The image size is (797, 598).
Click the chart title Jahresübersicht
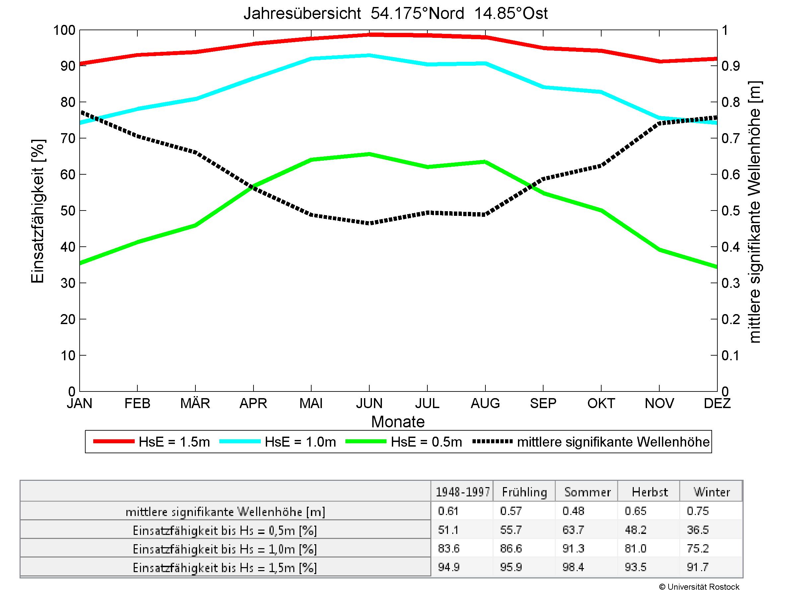(x=395, y=14)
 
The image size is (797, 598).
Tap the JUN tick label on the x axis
(x=369, y=403)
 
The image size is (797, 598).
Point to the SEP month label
(x=543, y=403)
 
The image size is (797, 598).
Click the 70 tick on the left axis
(x=68, y=138)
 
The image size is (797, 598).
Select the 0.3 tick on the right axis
(x=730, y=283)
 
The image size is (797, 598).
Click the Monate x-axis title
(x=398, y=422)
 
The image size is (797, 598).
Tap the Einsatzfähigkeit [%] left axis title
(x=37, y=211)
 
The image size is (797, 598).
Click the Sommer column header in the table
(x=587, y=492)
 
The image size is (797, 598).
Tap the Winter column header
(x=712, y=492)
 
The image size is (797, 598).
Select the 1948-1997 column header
(x=463, y=492)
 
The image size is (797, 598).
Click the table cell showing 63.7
(x=573, y=530)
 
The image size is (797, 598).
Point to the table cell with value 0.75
(x=698, y=511)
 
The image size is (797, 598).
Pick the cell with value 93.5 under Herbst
(x=636, y=567)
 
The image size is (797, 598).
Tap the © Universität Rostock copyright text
(x=699, y=587)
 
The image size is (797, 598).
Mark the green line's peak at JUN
(x=369, y=154)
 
